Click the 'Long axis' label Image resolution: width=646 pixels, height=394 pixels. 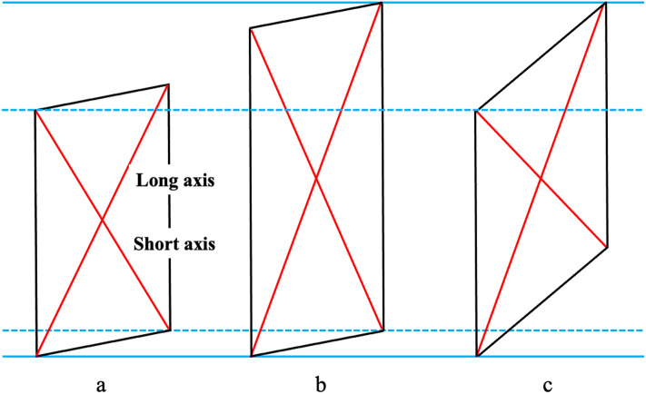tap(174, 180)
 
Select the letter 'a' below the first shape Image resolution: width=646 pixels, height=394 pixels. tap(101, 381)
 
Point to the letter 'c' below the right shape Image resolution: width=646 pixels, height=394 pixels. tap(547, 381)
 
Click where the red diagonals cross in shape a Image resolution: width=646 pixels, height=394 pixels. tap(103, 220)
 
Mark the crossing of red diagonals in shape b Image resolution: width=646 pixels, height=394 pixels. tap(316, 179)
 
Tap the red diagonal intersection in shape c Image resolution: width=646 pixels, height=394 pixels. tap(541, 179)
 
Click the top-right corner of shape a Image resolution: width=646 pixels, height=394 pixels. tap(169, 84)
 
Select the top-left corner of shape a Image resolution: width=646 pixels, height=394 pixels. tap(35, 111)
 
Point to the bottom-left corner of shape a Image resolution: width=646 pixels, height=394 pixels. tap(36, 356)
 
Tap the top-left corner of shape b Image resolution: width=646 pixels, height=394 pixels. tap(250, 28)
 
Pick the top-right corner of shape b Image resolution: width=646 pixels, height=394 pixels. tap(383, 3)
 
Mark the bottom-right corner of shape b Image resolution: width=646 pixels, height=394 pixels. tap(383, 330)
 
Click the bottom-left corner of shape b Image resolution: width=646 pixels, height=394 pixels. tap(251, 356)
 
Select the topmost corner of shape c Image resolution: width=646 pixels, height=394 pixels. tap(605, 3)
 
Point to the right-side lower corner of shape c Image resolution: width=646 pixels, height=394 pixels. tap(606, 247)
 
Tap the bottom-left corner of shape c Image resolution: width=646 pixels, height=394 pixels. tap(476, 356)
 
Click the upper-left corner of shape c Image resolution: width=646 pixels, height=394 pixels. tap(476, 111)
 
